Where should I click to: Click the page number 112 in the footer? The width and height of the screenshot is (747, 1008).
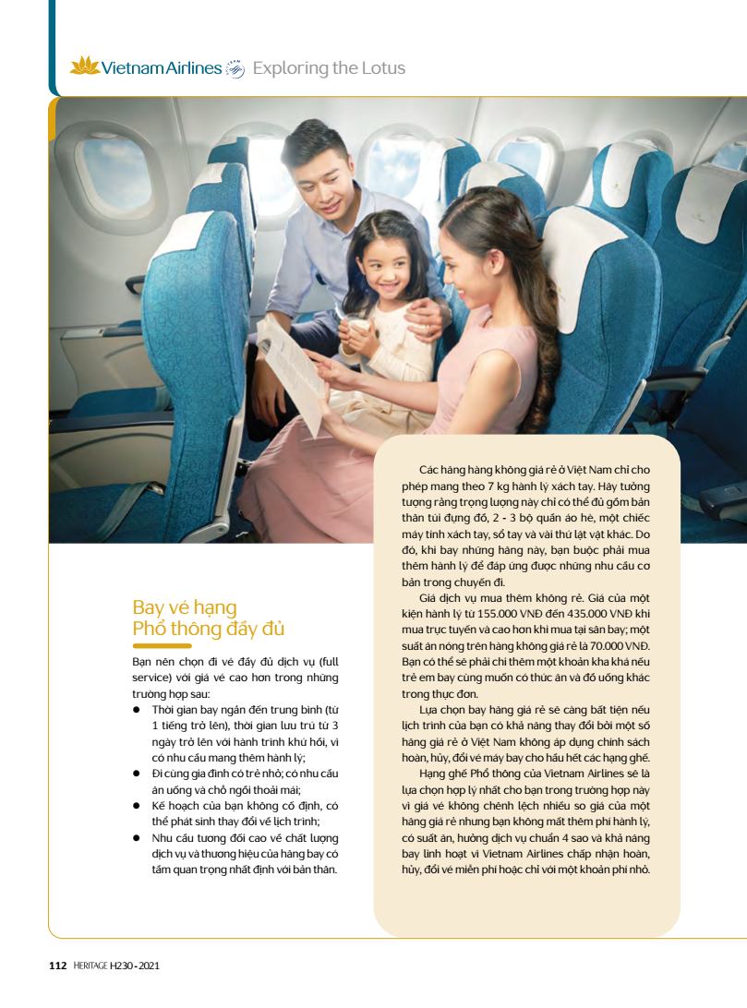pos(56,966)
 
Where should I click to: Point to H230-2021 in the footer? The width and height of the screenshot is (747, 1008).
pos(140,966)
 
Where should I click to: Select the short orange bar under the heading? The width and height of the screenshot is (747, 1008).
pos(162,647)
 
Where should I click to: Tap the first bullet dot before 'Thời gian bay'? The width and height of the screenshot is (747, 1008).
pos(136,709)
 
